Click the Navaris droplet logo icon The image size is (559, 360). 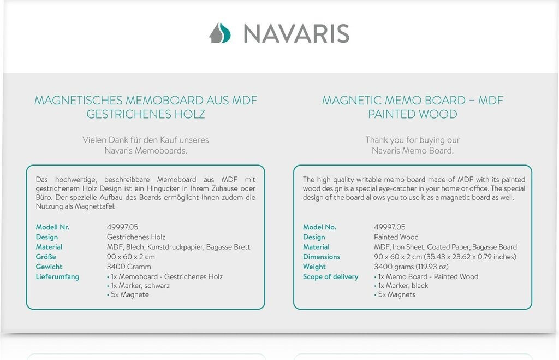click(219, 33)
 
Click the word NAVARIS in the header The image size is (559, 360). click(296, 33)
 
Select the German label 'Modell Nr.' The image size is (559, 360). click(52, 227)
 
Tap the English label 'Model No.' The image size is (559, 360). click(319, 227)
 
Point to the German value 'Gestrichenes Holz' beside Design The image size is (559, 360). click(136, 237)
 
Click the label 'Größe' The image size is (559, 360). click(46, 257)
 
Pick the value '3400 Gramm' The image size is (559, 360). click(128, 267)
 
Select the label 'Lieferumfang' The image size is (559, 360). click(57, 276)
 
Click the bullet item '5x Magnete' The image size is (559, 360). click(129, 295)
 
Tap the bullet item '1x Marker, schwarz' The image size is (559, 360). click(140, 286)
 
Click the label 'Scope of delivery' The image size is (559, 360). click(330, 276)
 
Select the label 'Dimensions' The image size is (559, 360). click(321, 257)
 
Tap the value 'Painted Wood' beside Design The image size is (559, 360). click(396, 237)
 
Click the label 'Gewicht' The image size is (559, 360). click(49, 267)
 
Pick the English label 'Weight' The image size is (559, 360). click(314, 267)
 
